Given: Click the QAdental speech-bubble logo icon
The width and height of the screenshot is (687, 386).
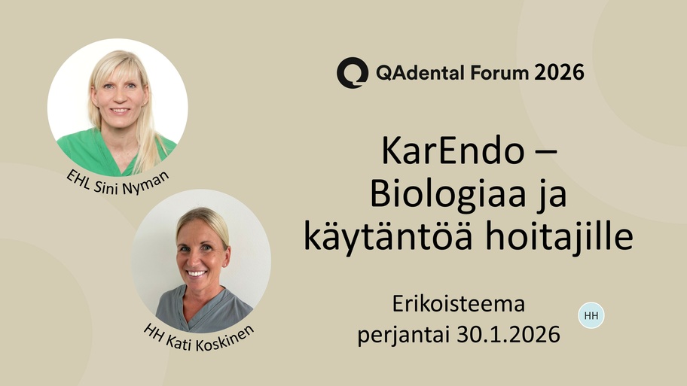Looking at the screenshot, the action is tap(353, 72).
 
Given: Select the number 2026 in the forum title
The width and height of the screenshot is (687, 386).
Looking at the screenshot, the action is tap(559, 72).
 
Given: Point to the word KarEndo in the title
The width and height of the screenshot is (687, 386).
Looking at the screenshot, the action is tap(453, 150).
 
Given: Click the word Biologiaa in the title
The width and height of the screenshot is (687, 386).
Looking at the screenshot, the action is tap(447, 194).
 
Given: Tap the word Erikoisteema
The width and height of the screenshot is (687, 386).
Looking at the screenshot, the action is tap(458, 304).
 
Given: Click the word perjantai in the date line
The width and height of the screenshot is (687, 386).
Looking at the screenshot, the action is tap(404, 336).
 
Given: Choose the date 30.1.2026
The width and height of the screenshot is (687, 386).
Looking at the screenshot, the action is tap(508, 335).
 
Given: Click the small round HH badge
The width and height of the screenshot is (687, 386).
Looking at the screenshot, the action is tap(591, 315).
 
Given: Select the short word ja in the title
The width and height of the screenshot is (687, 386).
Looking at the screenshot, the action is tap(553, 196).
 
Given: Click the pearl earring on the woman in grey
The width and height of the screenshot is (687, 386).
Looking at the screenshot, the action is tap(224, 265).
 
